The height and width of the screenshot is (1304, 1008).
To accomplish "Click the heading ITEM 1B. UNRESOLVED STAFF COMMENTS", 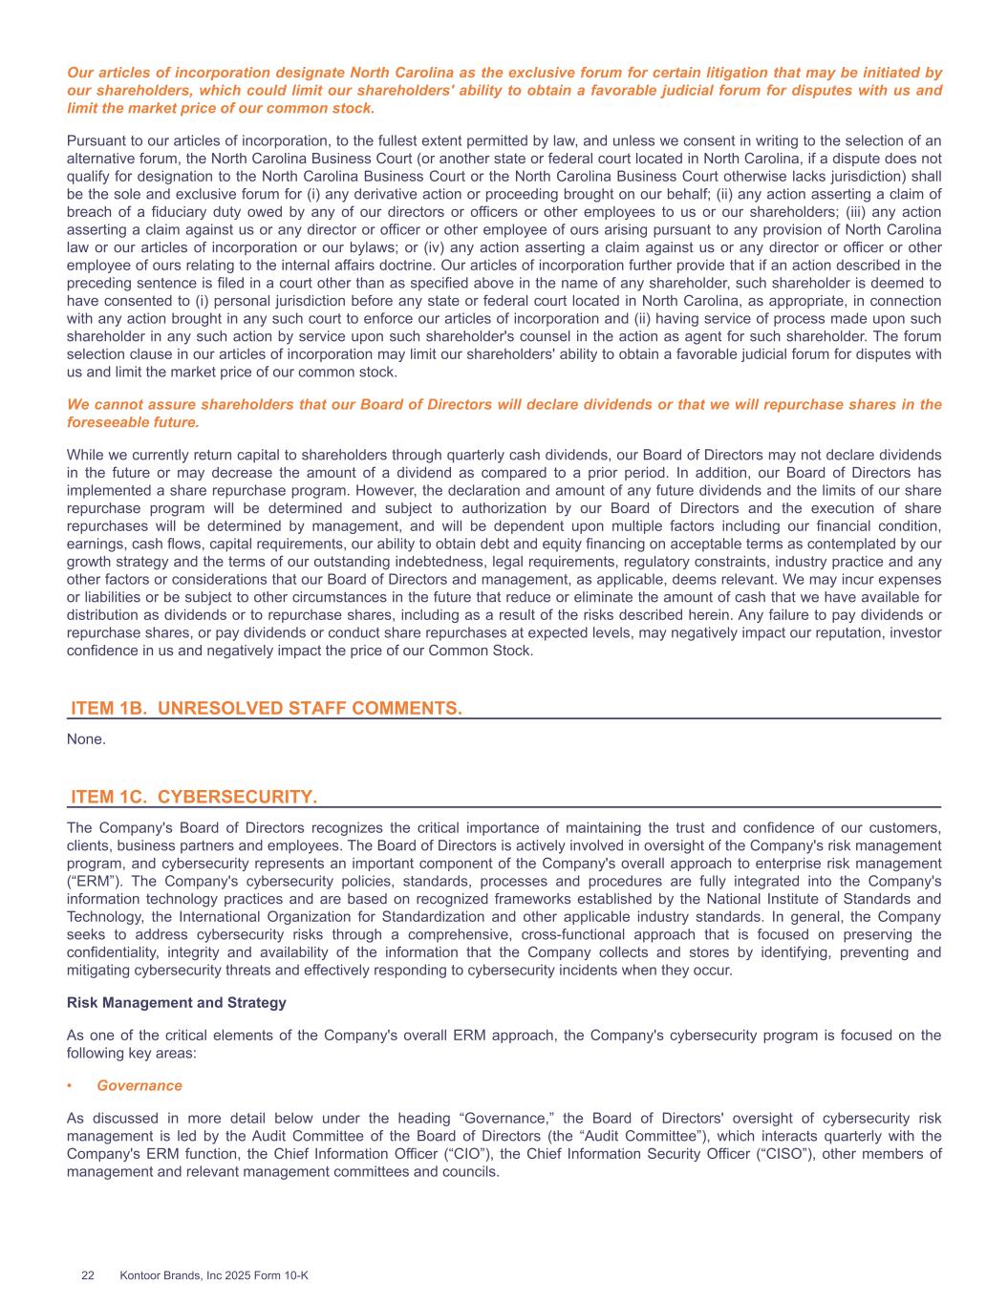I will pyautogui.click(x=267, y=708).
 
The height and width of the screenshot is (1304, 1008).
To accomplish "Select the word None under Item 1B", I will pyautogui.click(x=86, y=739).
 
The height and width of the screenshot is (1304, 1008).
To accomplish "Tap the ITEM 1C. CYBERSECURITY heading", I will pyautogui.click(x=194, y=797).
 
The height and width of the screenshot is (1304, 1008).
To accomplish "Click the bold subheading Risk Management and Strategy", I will pyautogui.click(x=176, y=1002).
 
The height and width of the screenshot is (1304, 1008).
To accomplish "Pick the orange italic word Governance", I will pyautogui.click(x=139, y=1085).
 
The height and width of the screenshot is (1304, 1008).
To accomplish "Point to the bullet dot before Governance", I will pyautogui.click(x=71, y=1086).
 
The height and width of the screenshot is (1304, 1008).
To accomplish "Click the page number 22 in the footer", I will pyautogui.click(x=88, y=1275).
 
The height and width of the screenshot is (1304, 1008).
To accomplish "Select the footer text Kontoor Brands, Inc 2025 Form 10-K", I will pyautogui.click(x=214, y=1275).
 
